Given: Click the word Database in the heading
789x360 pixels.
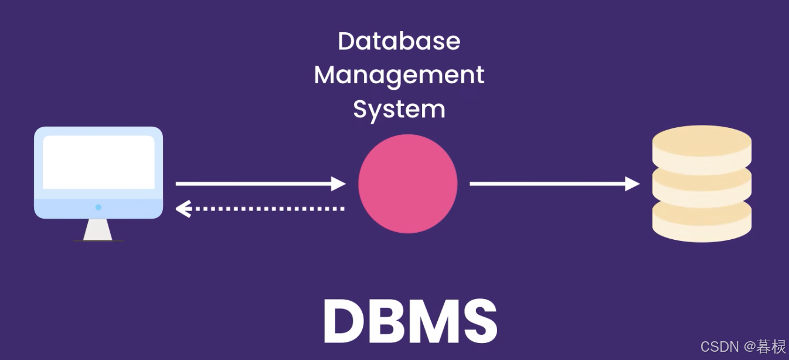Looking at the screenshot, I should click(399, 42).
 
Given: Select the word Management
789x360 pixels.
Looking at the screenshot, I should click(399, 76).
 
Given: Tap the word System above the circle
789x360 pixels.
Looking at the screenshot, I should click(399, 110).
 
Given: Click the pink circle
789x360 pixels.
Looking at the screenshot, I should click(407, 184).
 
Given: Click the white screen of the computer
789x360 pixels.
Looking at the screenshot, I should click(98, 162).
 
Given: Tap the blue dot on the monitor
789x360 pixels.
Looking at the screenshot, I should click(98, 207).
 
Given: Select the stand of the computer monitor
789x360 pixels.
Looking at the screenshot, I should click(98, 230).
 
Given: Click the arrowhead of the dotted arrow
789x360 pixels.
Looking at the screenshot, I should click(183, 209).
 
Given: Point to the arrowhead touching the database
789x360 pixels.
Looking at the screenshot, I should click(632, 184).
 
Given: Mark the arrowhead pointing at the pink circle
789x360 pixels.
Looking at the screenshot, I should click(339, 184).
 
